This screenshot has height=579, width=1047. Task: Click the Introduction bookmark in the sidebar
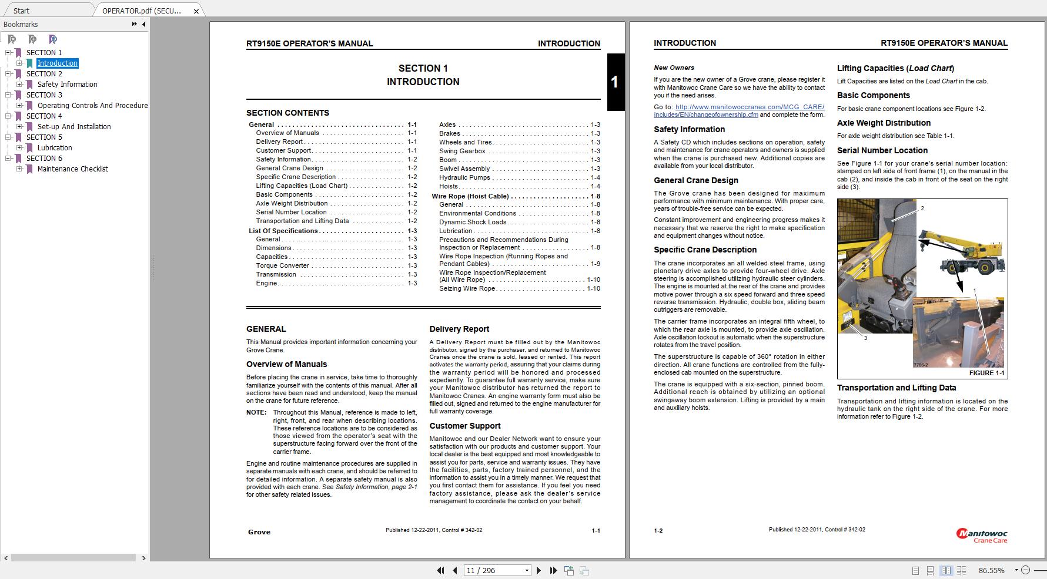pyautogui.click(x=57, y=63)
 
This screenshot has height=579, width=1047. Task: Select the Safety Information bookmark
pyautogui.click(x=67, y=85)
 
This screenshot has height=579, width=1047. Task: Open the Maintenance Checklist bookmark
pyautogui.click(x=72, y=169)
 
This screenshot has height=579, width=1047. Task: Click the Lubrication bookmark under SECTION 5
pyautogui.click(x=55, y=148)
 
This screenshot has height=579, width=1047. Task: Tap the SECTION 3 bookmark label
pyautogui.click(x=44, y=95)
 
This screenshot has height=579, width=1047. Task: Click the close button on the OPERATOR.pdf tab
pyautogui.click(x=196, y=11)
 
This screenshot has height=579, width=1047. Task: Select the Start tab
pyautogui.click(x=21, y=11)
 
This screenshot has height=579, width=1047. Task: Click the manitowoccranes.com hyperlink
pyautogui.click(x=739, y=111)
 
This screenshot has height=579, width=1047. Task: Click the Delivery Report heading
pyautogui.click(x=459, y=329)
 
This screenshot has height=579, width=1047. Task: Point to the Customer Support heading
pyautogui.click(x=464, y=426)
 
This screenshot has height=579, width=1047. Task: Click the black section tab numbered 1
pyautogui.click(x=615, y=82)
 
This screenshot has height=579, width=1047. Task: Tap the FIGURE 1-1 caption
pyautogui.click(x=986, y=373)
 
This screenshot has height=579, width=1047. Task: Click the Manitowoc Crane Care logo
pyautogui.click(x=982, y=535)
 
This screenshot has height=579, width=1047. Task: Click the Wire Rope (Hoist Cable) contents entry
pyautogui.click(x=470, y=196)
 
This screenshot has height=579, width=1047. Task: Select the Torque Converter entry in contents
pyautogui.click(x=282, y=265)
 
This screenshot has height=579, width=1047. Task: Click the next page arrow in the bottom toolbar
pyautogui.click(x=538, y=570)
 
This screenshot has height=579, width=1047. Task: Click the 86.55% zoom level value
pyautogui.click(x=991, y=570)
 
